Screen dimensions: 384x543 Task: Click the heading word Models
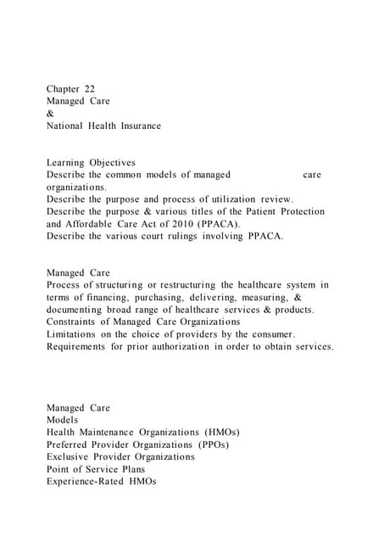(63, 420)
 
